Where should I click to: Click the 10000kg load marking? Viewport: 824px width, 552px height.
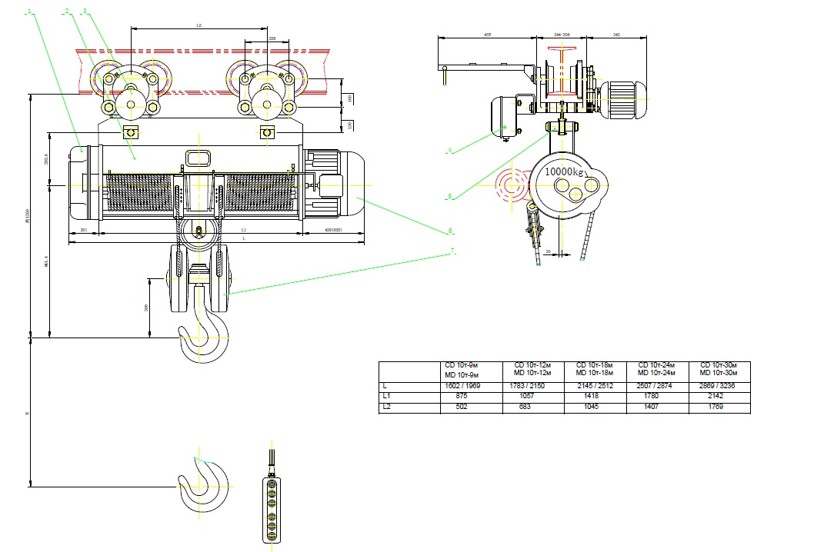(565, 171)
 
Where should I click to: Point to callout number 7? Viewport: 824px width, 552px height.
(453, 251)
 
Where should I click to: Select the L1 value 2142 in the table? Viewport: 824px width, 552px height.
(718, 397)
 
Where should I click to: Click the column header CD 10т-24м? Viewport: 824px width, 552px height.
(657, 365)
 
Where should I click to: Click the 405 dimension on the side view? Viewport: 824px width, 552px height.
(488, 35)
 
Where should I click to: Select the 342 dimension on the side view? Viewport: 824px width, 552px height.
(617, 35)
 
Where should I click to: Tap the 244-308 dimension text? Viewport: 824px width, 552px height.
(562, 35)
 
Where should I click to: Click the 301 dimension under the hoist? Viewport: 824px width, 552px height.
(83, 230)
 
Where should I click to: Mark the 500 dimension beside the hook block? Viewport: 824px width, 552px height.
(146, 307)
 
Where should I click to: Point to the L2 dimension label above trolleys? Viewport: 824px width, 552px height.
(198, 26)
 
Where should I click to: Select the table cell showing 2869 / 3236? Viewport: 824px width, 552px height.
(719, 386)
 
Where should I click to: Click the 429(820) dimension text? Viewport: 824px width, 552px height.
(332, 230)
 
